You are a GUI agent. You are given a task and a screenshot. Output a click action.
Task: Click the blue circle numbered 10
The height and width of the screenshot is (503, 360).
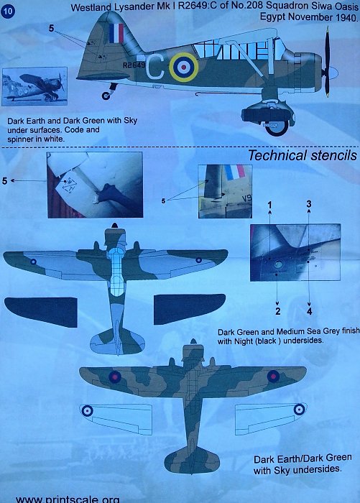(x=8, y=11)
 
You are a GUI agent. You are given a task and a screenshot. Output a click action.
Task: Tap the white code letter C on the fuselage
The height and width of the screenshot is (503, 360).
(x=155, y=67)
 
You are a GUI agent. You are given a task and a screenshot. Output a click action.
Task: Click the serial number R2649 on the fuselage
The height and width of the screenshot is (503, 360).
(x=134, y=65)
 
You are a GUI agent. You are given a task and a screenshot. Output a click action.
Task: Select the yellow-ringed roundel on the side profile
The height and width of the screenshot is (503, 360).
(x=183, y=67)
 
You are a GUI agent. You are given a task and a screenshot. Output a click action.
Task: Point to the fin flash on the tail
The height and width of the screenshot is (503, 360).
(x=116, y=33)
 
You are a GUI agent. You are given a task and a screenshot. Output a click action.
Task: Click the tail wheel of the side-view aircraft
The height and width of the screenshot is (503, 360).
(x=106, y=96)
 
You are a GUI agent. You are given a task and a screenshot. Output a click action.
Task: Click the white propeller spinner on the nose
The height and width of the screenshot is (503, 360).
(x=333, y=73)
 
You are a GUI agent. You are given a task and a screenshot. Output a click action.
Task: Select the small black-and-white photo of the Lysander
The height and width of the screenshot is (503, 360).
(x=34, y=86)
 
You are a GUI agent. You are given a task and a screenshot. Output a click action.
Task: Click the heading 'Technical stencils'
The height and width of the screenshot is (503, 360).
(x=303, y=155)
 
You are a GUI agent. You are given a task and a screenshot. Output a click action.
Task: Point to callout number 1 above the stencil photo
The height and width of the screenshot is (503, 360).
(x=270, y=205)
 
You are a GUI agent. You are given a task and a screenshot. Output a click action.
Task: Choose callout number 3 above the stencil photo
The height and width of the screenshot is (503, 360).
(x=309, y=204)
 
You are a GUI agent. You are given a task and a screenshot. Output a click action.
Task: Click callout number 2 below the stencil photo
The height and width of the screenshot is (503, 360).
(x=277, y=311)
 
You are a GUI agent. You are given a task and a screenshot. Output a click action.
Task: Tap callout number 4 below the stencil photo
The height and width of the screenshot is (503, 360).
(x=309, y=311)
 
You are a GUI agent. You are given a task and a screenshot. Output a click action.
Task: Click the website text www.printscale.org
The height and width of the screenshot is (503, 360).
(x=68, y=499)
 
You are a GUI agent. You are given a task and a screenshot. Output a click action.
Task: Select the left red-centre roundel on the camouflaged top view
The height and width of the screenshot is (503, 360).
(x=114, y=377)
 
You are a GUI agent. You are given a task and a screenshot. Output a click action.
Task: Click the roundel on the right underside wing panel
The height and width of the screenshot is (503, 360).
(x=299, y=410)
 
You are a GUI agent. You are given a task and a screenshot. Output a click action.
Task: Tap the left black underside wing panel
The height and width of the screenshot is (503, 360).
(x=41, y=312)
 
